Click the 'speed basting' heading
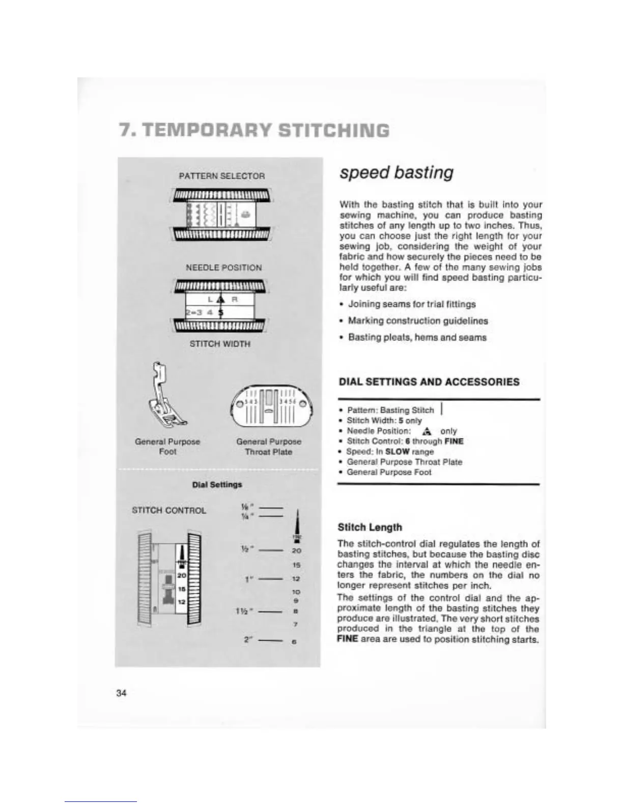396,172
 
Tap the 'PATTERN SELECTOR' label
221,176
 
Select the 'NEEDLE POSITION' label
223,268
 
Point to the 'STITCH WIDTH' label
220,343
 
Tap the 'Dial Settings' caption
217,484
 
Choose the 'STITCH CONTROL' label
169,510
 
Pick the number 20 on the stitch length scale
297,551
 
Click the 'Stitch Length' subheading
370,527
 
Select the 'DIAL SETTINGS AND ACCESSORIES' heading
429,382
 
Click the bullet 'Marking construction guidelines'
417,321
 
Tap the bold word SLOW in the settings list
398,451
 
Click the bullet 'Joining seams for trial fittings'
411,304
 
